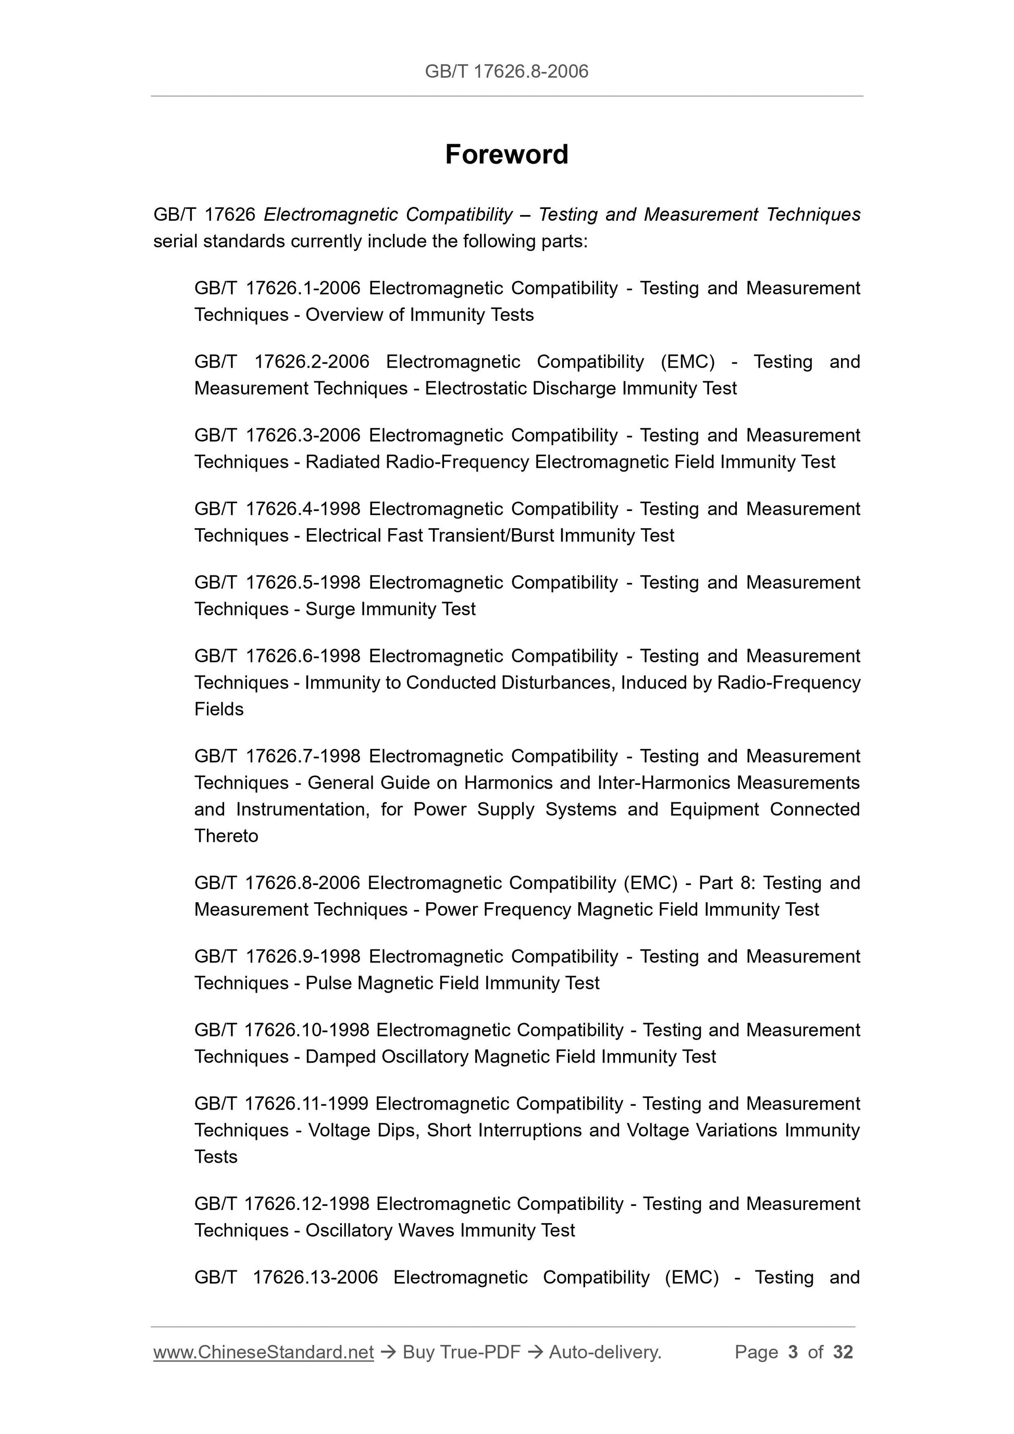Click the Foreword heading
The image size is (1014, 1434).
click(x=506, y=154)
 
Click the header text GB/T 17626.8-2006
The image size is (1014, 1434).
click(x=506, y=72)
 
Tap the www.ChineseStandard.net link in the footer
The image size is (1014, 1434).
click(x=263, y=1352)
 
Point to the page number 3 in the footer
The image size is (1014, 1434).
click(x=793, y=1352)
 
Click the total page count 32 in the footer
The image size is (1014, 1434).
click(x=843, y=1352)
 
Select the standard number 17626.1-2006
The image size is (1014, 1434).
click(x=303, y=288)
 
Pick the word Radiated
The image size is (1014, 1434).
click(x=342, y=462)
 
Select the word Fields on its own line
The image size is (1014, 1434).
click(x=219, y=709)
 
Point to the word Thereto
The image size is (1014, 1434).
click(x=226, y=837)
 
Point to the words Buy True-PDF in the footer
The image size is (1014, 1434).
click(x=461, y=1352)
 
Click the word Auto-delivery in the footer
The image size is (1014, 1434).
click(x=604, y=1352)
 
